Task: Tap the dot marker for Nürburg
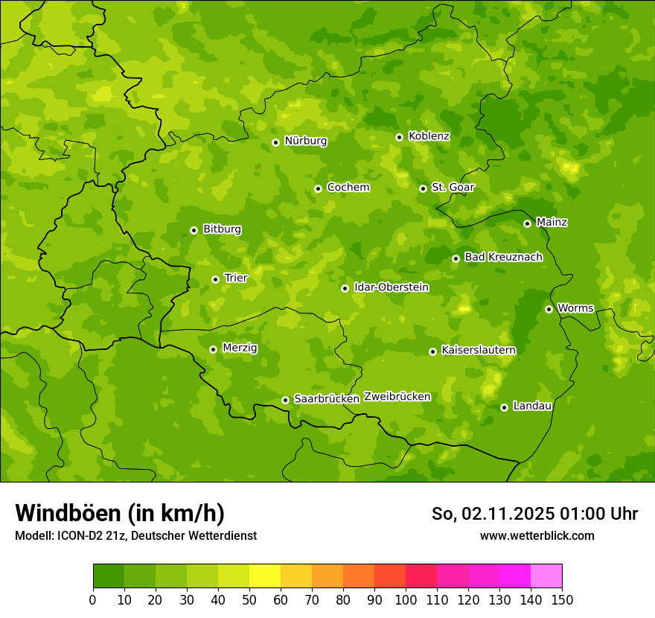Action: click(275, 142)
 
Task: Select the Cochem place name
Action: click(348, 188)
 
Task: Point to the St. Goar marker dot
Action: click(423, 188)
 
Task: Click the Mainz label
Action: click(552, 223)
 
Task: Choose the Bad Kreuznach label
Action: click(503, 258)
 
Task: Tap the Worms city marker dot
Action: click(549, 309)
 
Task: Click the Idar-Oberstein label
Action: click(391, 287)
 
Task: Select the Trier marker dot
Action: click(215, 279)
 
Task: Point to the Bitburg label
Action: click(222, 229)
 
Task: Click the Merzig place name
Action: click(240, 348)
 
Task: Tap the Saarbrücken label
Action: click(327, 399)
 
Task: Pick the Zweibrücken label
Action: click(397, 397)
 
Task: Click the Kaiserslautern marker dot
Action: click(432, 351)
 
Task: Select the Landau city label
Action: click(532, 407)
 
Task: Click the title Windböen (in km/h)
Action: click(120, 514)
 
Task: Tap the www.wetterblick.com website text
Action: click(537, 536)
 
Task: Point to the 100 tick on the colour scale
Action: click(406, 599)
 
